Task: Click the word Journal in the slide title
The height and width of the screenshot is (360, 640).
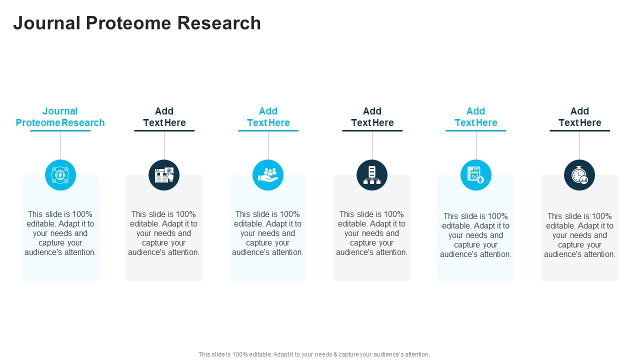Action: point(46,23)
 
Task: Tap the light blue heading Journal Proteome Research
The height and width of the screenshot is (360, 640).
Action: point(60,117)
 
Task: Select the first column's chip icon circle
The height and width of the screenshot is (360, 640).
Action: point(60,175)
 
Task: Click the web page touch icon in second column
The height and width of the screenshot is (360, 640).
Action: point(164,175)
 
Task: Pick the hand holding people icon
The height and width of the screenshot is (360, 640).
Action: point(268,175)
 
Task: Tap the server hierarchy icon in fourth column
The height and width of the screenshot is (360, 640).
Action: point(372,175)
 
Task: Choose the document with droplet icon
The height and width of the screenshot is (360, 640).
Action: point(475,175)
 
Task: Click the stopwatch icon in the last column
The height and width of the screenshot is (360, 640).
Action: point(579,175)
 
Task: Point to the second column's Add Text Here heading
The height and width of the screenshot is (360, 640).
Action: point(164,117)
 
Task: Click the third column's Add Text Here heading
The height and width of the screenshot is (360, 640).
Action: point(268,117)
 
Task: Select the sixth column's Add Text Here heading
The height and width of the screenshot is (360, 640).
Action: point(579,117)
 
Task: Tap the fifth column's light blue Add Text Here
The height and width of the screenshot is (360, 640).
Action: point(475,117)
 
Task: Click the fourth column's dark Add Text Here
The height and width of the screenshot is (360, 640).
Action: point(372,117)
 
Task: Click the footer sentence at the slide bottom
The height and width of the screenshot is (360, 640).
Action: point(314,354)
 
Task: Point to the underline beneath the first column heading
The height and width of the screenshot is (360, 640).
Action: point(60,130)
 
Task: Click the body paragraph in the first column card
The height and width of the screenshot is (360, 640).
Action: point(60,233)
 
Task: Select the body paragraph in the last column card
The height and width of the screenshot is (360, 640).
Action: point(579,235)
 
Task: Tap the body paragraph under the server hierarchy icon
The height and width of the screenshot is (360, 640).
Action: point(372,233)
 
